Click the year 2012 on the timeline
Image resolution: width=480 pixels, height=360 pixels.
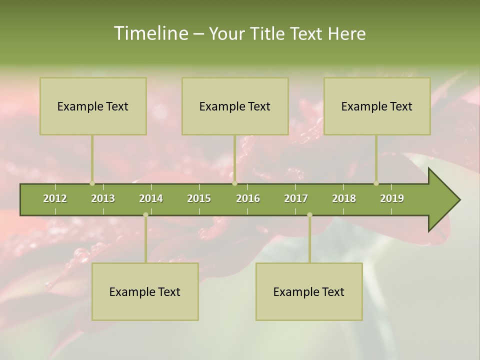pos(55,198)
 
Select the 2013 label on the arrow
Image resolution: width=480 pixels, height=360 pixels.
pos(103,198)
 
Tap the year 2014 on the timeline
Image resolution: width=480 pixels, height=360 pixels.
pos(151,198)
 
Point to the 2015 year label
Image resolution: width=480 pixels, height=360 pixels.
pos(199,198)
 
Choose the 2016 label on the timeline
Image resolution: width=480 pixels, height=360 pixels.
pos(248,198)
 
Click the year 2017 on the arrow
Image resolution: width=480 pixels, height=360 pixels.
pos(296,198)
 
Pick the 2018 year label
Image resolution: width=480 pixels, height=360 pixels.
pos(344,198)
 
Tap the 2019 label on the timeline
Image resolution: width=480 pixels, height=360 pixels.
pos(392,198)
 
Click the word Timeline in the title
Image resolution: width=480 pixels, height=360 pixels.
pos(149,33)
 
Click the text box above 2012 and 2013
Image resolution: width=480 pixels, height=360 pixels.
pos(93,106)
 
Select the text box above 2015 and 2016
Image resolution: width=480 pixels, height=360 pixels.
pos(235,106)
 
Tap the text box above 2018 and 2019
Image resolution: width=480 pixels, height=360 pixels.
pos(377,106)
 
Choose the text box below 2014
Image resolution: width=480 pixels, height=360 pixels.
pos(145,291)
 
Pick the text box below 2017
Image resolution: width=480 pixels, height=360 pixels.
pos(309,291)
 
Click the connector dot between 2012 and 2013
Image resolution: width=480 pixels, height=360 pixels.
pos(92,183)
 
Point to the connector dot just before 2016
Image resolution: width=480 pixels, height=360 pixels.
pos(234,183)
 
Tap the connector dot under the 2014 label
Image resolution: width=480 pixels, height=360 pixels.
pos(145,215)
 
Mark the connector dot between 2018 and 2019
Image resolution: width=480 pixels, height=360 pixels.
pos(376,183)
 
